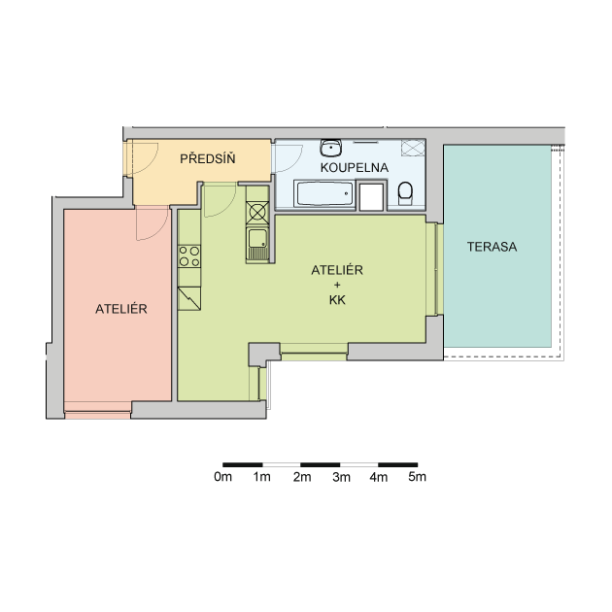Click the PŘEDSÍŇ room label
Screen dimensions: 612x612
point(207,158)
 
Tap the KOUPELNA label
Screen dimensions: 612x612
point(354,167)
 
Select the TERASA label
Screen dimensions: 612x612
point(492,247)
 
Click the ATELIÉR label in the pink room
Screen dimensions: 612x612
point(121,309)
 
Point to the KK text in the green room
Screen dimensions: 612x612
point(337,300)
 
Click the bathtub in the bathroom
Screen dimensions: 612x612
point(323,193)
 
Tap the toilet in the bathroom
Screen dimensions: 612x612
point(405,193)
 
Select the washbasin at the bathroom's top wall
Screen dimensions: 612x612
point(331,148)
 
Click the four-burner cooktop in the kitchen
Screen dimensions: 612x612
point(189,256)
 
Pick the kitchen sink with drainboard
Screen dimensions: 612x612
point(257,245)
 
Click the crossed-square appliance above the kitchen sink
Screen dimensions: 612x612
point(257,213)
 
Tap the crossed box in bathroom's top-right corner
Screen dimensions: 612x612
point(413,148)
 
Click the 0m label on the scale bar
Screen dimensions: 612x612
point(222,477)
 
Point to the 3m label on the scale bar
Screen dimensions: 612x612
point(341,477)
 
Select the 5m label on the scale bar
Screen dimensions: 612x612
point(418,477)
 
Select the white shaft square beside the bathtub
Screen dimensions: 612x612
point(371,196)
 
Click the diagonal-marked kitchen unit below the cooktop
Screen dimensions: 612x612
point(189,298)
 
